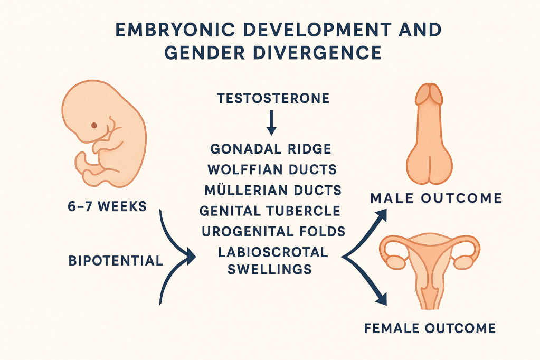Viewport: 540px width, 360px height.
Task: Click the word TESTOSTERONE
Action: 273,99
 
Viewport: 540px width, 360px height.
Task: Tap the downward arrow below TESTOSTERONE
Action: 272,122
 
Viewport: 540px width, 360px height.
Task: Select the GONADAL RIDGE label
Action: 271,149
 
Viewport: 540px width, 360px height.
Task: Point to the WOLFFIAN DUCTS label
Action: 272,169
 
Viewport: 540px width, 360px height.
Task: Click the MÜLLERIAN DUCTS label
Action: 273,190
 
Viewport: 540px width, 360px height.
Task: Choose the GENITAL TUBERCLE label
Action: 270,211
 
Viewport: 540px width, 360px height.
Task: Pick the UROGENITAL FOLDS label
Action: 273,232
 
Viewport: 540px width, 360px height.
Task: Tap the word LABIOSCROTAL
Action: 273,252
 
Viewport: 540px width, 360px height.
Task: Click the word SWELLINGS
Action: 270,269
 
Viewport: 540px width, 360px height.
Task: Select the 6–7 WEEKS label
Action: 107,207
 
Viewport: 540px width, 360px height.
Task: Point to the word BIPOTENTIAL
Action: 116,261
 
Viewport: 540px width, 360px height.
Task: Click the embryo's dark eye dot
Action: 93,126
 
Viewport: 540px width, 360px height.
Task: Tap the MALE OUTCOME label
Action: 436,198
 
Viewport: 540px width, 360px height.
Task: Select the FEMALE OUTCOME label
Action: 430,328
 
